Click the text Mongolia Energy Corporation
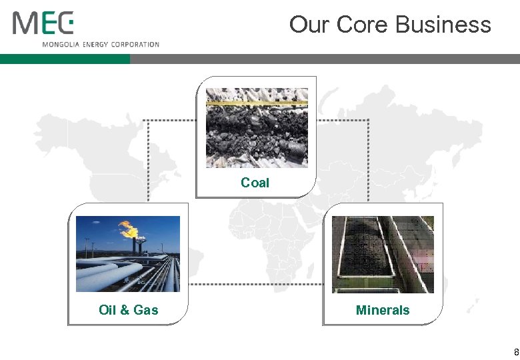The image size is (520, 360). [x=101, y=45]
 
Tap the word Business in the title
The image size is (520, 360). [x=443, y=25]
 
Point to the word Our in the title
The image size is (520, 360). [x=310, y=25]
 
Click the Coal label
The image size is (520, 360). [x=255, y=183]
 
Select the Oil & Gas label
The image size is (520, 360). [x=129, y=309]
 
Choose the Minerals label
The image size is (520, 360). [x=383, y=309]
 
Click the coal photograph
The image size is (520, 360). [x=257, y=128]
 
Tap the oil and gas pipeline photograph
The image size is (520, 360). [x=128, y=254]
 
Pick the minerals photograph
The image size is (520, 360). [x=383, y=254]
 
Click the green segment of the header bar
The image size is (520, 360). [x=65, y=59]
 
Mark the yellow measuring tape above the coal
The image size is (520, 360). [x=257, y=103]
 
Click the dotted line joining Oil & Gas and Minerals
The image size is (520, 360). [x=255, y=285]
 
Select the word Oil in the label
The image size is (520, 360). [x=107, y=309]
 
